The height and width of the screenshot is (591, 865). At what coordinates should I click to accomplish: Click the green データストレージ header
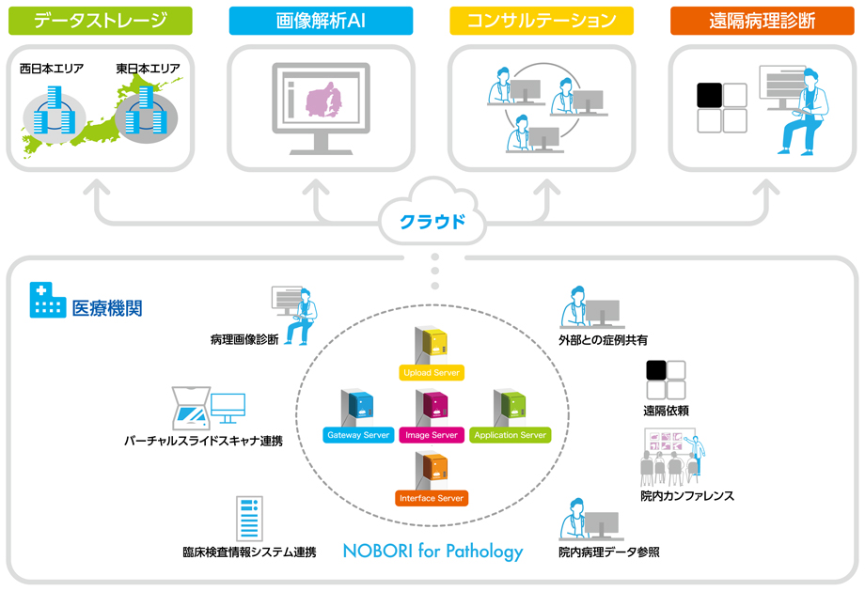(x=101, y=21)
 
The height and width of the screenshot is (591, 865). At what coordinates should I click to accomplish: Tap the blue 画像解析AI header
(x=321, y=21)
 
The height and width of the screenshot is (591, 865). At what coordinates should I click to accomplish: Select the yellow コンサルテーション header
(x=542, y=21)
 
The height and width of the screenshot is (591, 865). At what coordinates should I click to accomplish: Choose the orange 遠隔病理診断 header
(x=763, y=21)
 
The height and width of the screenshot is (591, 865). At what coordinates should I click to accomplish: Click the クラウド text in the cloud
(x=432, y=222)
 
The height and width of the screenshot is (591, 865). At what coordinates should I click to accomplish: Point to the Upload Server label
(x=432, y=373)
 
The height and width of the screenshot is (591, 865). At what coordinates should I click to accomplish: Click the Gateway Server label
(x=358, y=435)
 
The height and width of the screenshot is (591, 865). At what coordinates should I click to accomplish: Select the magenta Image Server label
(x=432, y=435)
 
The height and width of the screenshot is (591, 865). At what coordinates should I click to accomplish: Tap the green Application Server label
(x=511, y=435)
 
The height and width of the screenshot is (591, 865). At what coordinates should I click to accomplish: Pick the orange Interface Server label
(x=432, y=498)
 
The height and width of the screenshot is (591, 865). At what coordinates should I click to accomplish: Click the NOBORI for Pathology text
(x=433, y=551)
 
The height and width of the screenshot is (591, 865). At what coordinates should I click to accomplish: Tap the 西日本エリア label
(x=52, y=69)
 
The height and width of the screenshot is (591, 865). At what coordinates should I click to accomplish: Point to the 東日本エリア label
(x=148, y=69)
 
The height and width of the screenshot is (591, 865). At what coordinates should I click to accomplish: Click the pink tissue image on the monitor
(x=323, y=101)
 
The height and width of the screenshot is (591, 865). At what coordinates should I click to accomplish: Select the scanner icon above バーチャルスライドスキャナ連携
(x=192, y=408)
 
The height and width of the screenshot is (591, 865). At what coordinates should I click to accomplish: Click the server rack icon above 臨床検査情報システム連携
(x=249, y=519)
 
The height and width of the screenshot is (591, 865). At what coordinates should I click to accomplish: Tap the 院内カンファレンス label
(x=687, y=496)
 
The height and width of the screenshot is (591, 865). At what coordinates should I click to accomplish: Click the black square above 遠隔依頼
(x=656, y=370)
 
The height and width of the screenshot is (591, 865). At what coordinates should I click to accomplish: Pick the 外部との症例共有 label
(x=603, y=340)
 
